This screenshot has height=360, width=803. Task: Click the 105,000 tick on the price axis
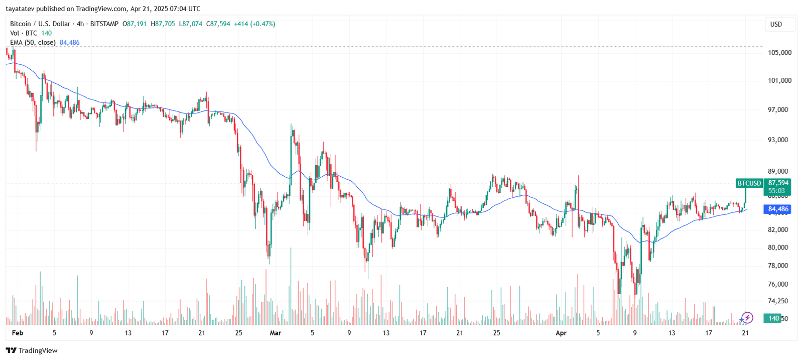779,53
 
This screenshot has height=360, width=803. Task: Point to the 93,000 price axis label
778,140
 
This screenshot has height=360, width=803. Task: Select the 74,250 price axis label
778,301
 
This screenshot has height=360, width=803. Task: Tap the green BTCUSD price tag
749,183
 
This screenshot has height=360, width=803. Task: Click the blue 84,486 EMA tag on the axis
777,209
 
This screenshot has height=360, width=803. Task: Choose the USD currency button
776,24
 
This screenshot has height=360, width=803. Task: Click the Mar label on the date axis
275,333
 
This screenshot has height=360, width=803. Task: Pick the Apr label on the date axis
561,333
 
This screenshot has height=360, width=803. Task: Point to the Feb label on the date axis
17,333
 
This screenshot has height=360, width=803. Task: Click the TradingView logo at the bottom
32,350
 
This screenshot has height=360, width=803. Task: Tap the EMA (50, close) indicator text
33,43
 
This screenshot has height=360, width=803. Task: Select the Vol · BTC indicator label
24,33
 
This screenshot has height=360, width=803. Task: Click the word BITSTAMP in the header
104,24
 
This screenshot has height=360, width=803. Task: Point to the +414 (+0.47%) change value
254,24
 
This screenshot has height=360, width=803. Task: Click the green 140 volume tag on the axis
773,318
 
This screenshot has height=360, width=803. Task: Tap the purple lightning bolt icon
747,318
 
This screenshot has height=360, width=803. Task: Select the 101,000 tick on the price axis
779,81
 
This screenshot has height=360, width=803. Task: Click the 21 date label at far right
745,333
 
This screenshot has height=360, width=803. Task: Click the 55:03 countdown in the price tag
776,191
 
